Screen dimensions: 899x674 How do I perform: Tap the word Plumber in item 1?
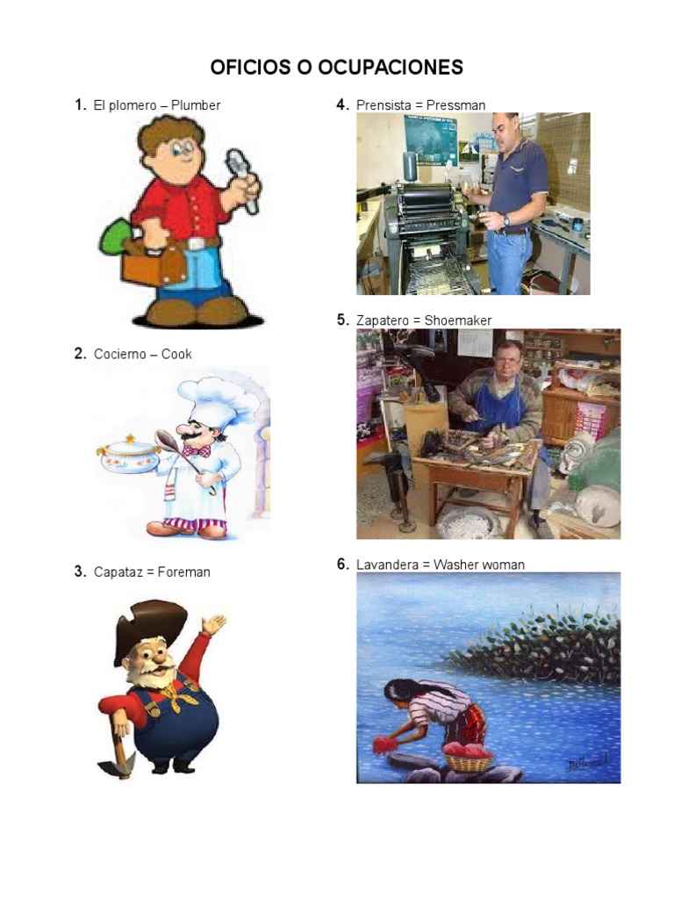[196, 105]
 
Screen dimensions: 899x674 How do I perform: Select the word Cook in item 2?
[176, 354]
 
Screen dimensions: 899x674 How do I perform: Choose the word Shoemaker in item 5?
[458, 320]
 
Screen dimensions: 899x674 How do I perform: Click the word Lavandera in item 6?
[385, 565]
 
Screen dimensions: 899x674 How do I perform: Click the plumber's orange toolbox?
[153, 264]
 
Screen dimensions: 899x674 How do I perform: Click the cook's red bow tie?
[197, 451]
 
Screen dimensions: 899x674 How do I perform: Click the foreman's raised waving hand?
[213, 624]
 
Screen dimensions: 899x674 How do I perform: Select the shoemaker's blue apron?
[498, 407]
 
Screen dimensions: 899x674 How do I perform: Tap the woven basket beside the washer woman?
[467, 760]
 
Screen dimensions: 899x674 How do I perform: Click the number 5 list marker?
[342, 320]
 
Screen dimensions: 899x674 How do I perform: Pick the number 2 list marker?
[79, 354]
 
